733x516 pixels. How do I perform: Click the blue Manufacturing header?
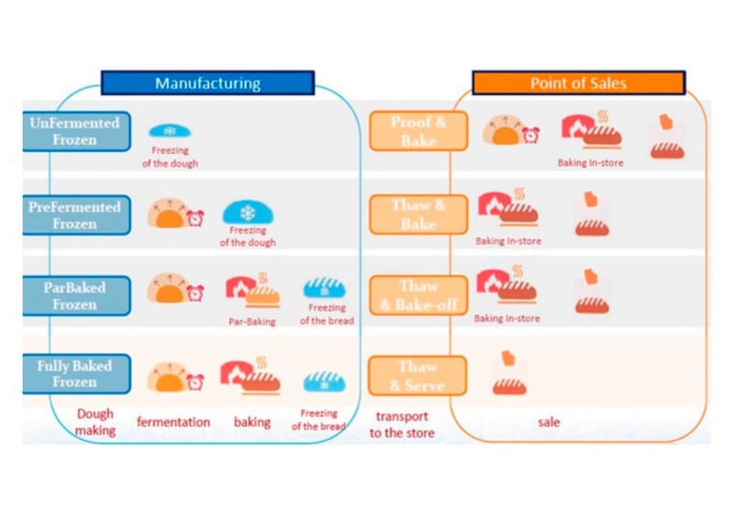[x=207, y=83]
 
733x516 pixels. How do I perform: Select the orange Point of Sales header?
[x=578, y=83]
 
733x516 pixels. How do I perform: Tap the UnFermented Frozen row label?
[x=75, y=132]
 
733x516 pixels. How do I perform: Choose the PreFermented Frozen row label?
[x=75, y=214]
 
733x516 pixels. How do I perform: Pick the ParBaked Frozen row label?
[x=75, y=295]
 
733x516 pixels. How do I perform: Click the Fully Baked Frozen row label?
[x=75, y=374]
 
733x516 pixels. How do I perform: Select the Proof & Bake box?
[x=418, y=131]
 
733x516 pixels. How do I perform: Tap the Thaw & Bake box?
[x=418, y=214]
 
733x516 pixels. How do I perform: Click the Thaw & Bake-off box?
[x=418, y=295]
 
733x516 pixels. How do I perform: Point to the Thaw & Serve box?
[x=418, y=376]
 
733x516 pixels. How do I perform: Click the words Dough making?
[x=95, y=422]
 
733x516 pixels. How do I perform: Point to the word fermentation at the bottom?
[x=173, y=423]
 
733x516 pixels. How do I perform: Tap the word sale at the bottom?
[x=548, y=423]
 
